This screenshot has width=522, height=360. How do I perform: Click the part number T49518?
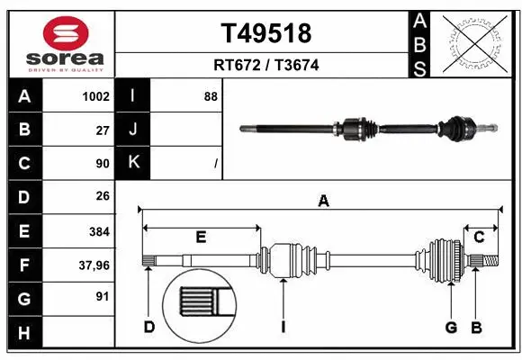pos(266,34)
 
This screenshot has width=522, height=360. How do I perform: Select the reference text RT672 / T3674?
pos(266,65)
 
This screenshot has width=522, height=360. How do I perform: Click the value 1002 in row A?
pos(95,96)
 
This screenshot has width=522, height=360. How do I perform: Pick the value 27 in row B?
pos(102,130)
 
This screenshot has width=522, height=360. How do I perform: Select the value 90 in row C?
pos(102,164)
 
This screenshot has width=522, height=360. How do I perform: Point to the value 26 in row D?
pos(102,197)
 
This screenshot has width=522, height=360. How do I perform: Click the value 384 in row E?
pos(98,231)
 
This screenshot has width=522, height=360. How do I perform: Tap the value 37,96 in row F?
pos(94,265)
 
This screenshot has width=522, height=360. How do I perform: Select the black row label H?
pos(24,333)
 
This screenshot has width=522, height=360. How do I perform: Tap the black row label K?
pos(133,164)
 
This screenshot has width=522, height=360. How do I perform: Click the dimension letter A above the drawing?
pos(323,202)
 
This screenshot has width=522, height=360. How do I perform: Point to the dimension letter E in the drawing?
pos(201,237)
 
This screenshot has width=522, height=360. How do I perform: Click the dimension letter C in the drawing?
pos(479,237)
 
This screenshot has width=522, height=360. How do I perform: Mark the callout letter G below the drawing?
pos(451,327)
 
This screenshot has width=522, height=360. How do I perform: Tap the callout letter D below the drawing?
pos(149,327)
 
